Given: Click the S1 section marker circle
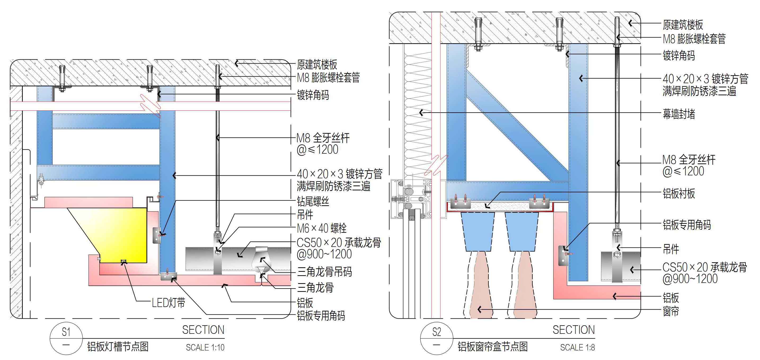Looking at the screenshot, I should (66, 339).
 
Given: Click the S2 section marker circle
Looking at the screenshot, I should (436, 339).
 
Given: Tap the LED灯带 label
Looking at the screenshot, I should (168, 303).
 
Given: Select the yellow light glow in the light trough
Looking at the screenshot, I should (124, 233).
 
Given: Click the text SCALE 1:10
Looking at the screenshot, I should (205, 348).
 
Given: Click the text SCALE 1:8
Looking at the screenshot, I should (577, 348).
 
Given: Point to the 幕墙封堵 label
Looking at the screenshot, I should (679, 114).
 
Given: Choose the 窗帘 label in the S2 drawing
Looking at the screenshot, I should (671, 311).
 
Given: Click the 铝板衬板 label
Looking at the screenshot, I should (679, 194).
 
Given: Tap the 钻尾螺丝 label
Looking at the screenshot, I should (313, 202).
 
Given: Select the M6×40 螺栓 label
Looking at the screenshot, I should (322, 228).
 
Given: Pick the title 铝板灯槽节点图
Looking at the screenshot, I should (118, 347).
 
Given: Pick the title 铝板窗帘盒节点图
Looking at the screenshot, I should (493, 347).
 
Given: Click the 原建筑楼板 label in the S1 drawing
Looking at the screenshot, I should (317, 64).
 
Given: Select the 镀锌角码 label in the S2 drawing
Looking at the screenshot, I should (679, 55).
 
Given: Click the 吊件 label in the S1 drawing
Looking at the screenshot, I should (305, 215).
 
